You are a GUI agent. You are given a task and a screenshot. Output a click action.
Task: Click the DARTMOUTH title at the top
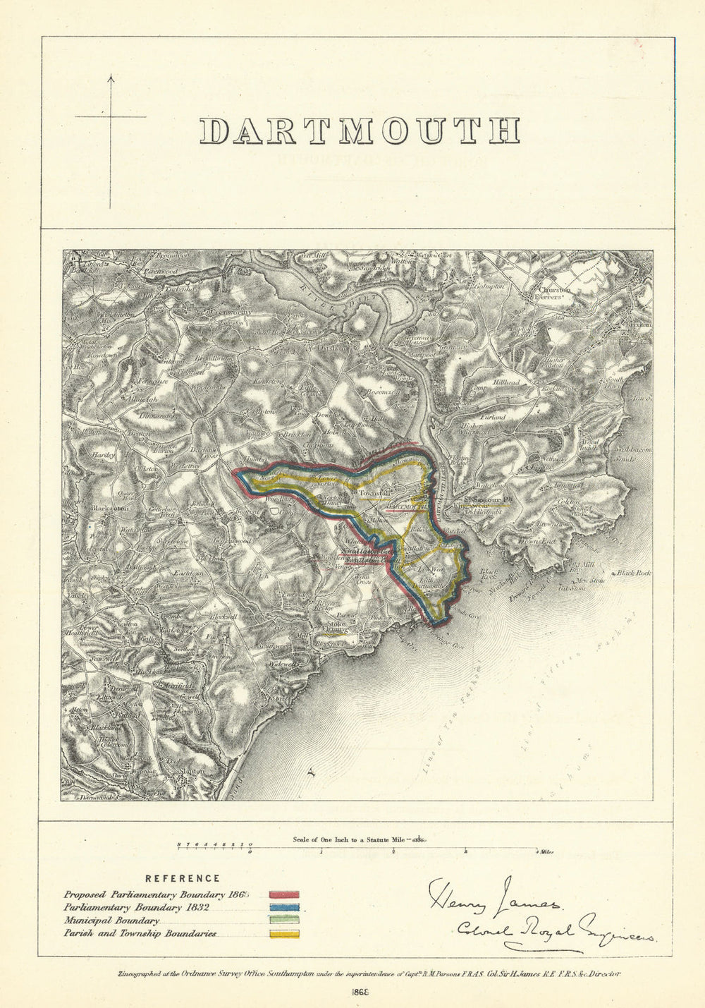tap(360, 131)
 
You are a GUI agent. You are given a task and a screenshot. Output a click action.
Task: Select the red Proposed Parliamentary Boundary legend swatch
tap(284, 894)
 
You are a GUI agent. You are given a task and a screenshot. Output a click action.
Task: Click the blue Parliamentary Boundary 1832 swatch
tap(284, 908)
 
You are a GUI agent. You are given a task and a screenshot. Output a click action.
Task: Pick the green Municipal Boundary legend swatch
tap(284, 921)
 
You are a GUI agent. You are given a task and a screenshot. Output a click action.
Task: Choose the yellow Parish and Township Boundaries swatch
tap(284, 935)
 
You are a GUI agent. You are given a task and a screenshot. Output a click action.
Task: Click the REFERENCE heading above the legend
tap(183, 878)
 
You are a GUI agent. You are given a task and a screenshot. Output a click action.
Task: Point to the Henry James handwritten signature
tap(493, 896)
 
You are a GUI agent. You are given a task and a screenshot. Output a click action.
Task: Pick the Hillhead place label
tap(505, 382)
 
